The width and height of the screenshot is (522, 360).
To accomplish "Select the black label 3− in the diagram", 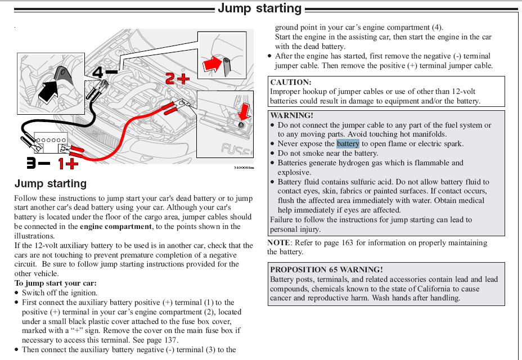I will [x=38, y=164].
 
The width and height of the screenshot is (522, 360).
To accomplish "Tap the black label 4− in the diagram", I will [x=104, y=73].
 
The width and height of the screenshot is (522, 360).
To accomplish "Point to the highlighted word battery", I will [x=348, y=143].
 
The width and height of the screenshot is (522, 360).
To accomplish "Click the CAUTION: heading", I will [x=291, y=82].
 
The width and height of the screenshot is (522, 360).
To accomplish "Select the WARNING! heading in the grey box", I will [x=292, y=115].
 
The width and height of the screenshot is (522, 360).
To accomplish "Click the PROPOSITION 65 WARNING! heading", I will [x=326, y=269].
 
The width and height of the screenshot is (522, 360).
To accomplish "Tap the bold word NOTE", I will [x=278, y=243].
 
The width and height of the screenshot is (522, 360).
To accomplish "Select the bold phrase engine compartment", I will [x=115, y=227].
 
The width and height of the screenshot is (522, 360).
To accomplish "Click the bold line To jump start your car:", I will [x=56, y=283].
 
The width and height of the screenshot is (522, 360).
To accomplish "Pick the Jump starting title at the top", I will [x=260, y=8].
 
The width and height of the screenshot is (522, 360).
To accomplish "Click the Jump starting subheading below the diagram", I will [x=51, y=183].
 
